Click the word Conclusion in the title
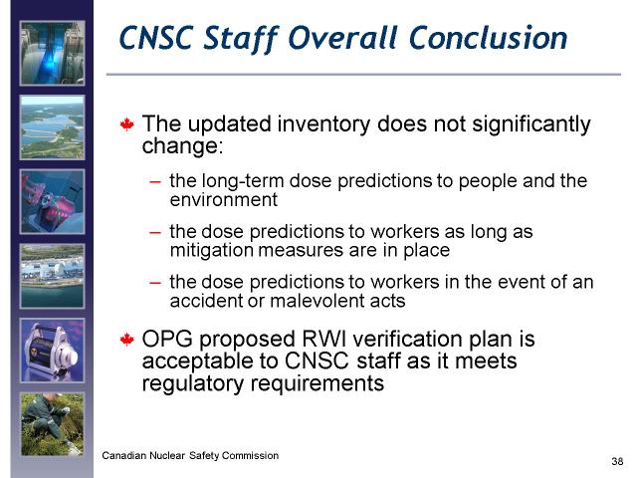coord(488,38)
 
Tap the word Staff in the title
coord(241,39)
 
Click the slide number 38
coord(617,461)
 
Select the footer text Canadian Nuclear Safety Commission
coord(190,456)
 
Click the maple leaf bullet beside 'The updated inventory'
coord(127,124)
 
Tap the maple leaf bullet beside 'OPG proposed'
coord(127,340)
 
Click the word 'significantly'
coord(531,124)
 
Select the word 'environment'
coord(223,200)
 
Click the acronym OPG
coord(167,339)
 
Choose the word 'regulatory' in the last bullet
coord(192,383)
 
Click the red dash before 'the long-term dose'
coord(155,182)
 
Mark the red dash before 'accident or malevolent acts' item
coord(155,283)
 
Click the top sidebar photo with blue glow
coord(53,53)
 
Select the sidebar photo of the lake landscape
coord(53,127)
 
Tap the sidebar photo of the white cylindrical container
coord(53,351)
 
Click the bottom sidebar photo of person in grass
coord(53,424)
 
